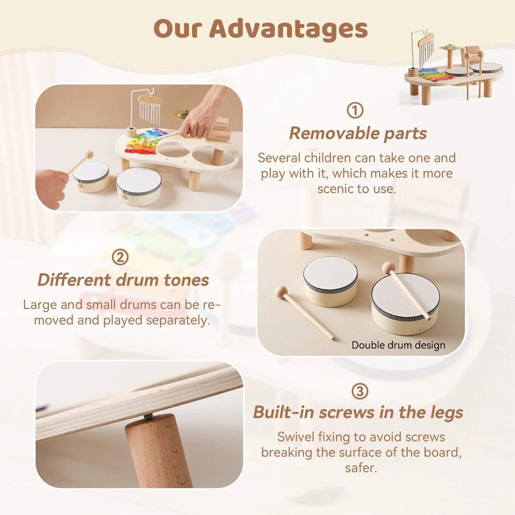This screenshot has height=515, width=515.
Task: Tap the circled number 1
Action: pyautogui.click(x=355, y=110)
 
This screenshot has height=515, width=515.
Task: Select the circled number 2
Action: pyautogui.click(x=120, y=257)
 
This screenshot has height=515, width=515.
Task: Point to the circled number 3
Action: pyautogui.click(x=359, y=391)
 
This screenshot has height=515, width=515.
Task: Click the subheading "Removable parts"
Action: pyautogui.click(x=357, y=133)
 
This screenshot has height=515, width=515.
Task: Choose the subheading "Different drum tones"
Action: pyautogui.click(x=123, y=280)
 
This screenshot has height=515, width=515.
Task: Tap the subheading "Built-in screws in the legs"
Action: pyautogui.click(x=358, y=413)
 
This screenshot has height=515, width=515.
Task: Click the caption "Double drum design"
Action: pyautogui.click(x=398, y=345)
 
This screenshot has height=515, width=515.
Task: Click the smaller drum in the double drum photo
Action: pyautogui.click(x=330, y=281)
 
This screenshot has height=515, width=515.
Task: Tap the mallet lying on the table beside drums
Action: pyautogui.click(x=304, y=312)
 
